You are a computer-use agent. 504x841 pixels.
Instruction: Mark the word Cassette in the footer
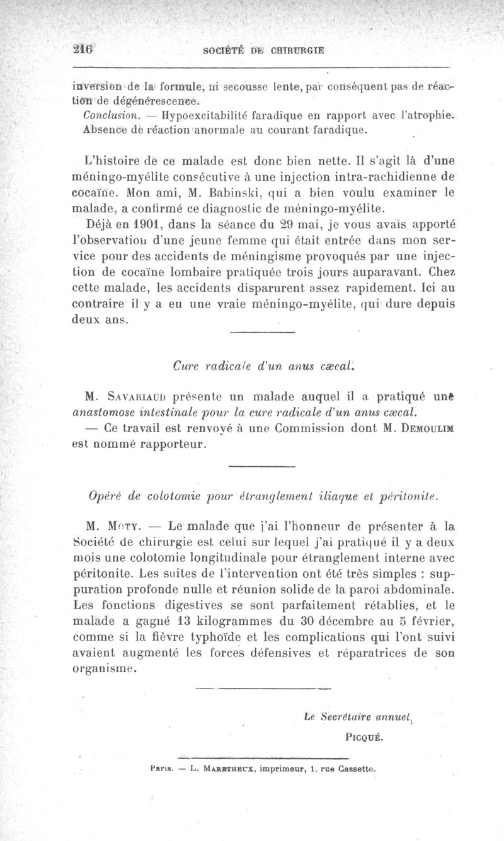[356, 768]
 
